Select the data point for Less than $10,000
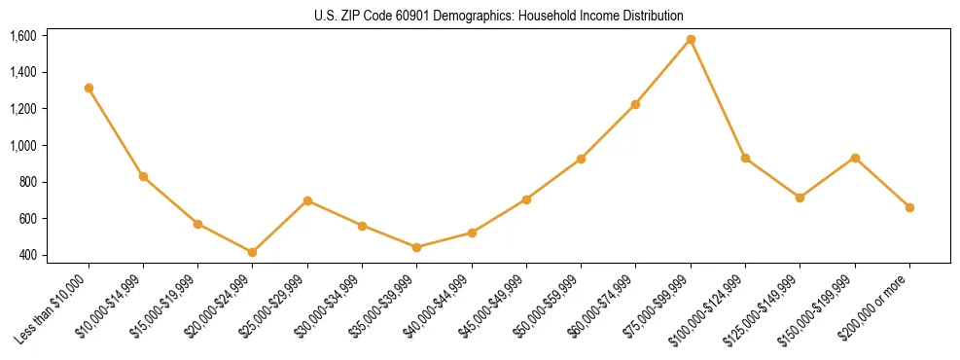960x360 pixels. (x=89, y=88)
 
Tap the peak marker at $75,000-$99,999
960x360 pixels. (x=691, y=39)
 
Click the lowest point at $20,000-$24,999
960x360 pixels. (x=253, y=252)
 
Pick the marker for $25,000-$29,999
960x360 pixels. (x=307, y=200)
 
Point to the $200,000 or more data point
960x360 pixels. (x=909, y=207)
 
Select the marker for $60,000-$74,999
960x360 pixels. (x=636, y=104)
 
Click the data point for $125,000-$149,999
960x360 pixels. (x=800, y=198)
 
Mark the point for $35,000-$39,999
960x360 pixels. (x=417, y=247)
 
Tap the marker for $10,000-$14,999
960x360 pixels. (x=143, y=176)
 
